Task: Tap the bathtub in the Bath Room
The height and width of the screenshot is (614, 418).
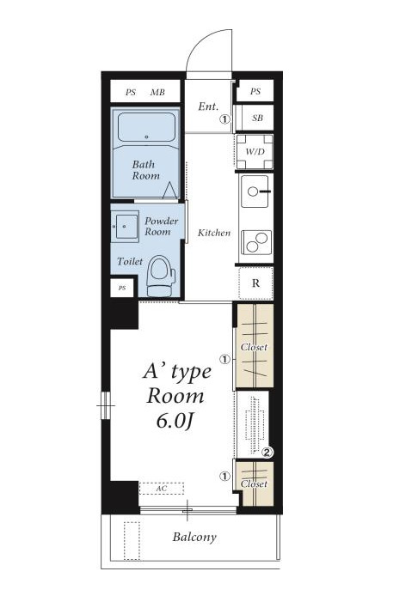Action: (146, 127)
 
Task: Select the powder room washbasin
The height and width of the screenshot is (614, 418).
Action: (125, 227)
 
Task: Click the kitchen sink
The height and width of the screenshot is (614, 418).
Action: (255, 191)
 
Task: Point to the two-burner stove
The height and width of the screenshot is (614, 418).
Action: (256, 242)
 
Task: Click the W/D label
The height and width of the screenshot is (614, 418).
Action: (255, 151)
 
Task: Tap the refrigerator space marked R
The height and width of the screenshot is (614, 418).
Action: (255, 283)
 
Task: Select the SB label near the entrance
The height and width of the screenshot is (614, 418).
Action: (257, 118)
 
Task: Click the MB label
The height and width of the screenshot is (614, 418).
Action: (157, 93)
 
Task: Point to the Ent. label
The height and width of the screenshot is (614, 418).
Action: (208, 106)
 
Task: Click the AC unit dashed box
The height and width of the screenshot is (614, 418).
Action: (162, 489)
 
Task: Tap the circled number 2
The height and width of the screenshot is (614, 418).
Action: (267, 453)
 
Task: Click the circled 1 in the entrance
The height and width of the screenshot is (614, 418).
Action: (224, 119)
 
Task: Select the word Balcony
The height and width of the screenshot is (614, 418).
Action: (194, 537)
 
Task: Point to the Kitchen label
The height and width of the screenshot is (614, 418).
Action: (214, 233)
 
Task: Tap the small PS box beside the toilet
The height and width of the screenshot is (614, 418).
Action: (122, 288)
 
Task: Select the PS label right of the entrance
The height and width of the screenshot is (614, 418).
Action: (255, 91)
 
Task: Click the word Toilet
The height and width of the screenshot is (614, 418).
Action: (130, 261)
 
